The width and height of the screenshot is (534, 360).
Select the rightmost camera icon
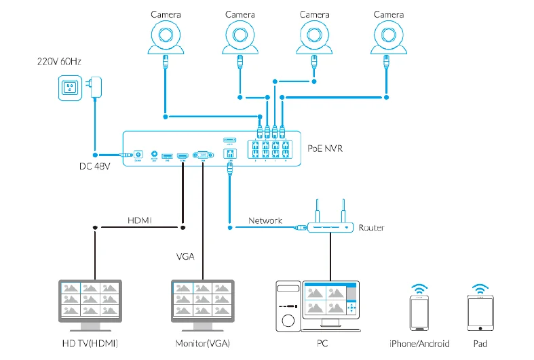[x=388, y=38]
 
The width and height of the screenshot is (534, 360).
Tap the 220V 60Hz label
[x=59, y=62]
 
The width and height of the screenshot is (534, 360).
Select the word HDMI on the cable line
[x=140, y=220]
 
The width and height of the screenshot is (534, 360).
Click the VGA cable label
[x=186, y=256]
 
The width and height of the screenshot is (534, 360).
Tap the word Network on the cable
[x=265, y=220]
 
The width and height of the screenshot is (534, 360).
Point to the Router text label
[x=371, y=228]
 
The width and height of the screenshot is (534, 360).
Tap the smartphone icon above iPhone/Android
[x=419, y=312]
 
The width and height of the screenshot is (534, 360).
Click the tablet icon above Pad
[x=480, y=312]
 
